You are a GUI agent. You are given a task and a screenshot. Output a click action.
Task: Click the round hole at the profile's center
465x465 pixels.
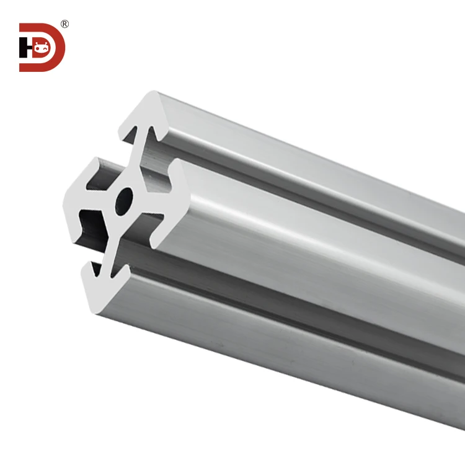pyautogui.click(x=125, y=200)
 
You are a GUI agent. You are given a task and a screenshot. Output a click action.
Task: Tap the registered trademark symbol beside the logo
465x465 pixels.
pyautogui.click(x=64, y=24)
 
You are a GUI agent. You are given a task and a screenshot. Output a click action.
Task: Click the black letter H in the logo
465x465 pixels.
pyautogui.click(x=25, y=48)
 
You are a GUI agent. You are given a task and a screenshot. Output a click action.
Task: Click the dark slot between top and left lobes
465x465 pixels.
pyautogui.click(x=105, y=174)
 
